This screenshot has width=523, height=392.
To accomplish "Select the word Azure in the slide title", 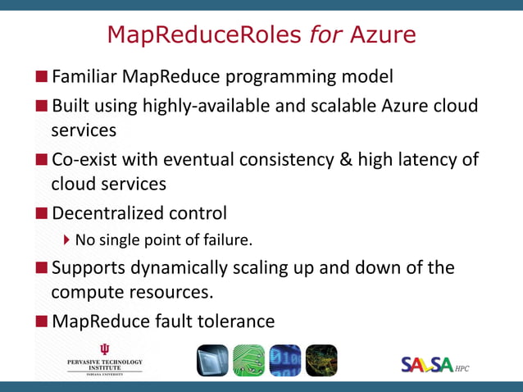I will pos(383,34).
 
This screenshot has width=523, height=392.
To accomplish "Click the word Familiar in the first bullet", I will pos(84,77).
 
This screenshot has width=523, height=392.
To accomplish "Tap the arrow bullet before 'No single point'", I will pos(67,241).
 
